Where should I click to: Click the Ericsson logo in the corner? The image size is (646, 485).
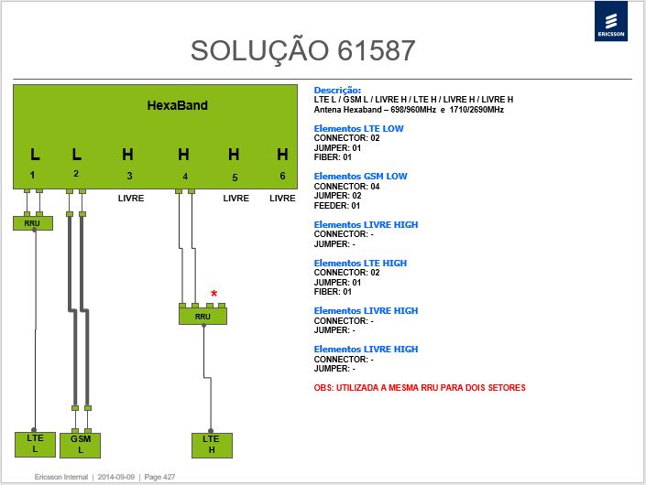[x=610, y=21]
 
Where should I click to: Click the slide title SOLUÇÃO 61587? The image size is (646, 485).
[x=302, y=51]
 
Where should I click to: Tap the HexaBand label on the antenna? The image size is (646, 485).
[x=177, y=105]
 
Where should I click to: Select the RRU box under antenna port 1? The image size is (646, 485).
[x=33, y=223]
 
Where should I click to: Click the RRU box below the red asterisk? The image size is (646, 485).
[x=203, y=317]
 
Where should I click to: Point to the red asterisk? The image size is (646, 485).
[x=214, y=294]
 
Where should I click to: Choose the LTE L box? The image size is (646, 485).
[x=35, y=444]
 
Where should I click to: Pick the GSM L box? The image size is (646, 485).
[x=81, y=445]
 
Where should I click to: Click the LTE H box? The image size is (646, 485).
[x=212, y=445]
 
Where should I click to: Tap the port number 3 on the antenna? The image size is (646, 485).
[x=129, y=176]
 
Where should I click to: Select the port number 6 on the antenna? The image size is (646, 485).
[x=282, y=176]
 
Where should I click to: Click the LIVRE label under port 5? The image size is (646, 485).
[x=236, y=199]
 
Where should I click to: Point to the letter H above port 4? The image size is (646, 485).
[x=184, y=155]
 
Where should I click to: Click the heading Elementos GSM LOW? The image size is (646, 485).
[x=360, y=176]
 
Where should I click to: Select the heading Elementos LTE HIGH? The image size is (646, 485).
[x=360, y=263]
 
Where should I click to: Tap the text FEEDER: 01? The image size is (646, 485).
[x=337, y=206]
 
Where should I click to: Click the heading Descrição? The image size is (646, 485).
[x=337, y=90]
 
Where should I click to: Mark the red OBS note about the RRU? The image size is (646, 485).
[x=420, y=387]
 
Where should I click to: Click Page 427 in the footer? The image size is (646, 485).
[x=159, y=477]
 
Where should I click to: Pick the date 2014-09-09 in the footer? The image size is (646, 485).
[x=116, y=477]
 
